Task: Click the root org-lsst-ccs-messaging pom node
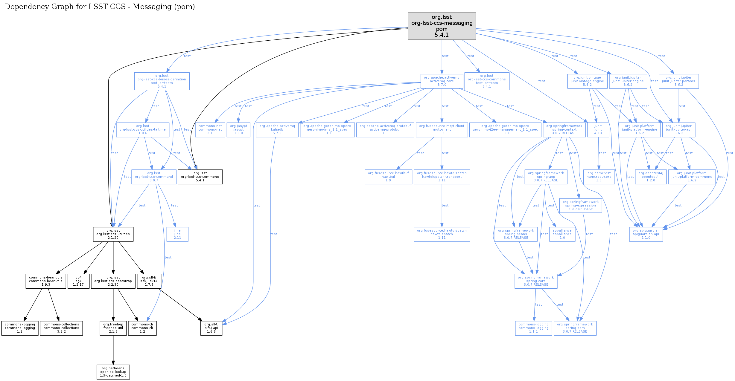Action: click(442, 26)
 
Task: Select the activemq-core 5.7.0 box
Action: click(442, 81)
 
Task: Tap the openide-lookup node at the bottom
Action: click(113, 372)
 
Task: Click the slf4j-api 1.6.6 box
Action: click(211, 328)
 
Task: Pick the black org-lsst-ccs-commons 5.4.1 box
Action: click(200, 177)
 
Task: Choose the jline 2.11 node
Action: click(177, 234)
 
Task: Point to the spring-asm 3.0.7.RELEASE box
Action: click(575, 328)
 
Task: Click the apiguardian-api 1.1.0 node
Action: click(646, 234)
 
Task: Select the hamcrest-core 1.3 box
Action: click(599, 177)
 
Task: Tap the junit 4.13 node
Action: click(598, 129)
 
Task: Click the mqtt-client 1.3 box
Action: click(442, 129)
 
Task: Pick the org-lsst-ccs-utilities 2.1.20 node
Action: click(113, 234)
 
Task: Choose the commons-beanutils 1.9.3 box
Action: click(46, 281)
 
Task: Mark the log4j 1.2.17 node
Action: click(78, 281)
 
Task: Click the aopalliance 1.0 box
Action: click(562, 234)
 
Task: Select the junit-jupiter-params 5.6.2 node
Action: click(678, 81)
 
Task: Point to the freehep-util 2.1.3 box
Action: click(113, 328)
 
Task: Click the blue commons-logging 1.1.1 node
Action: click(533, 328)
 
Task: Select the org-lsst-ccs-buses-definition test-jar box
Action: click(162, 81)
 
